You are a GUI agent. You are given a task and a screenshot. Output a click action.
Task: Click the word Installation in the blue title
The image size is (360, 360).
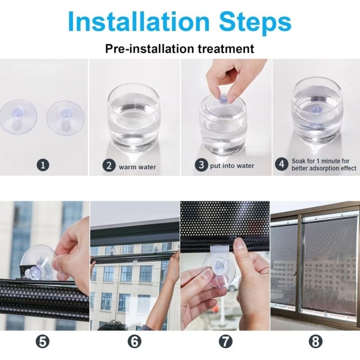tap(139, 22)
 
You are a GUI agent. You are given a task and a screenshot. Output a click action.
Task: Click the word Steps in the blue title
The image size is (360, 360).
tap(255, 23)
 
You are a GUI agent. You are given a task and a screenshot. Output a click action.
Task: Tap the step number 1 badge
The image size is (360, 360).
tap(43, 165)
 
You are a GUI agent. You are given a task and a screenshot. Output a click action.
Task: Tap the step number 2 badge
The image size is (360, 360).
tap(109, 166)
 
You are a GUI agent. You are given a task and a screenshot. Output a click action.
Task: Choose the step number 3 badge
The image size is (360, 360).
tap(201, 165)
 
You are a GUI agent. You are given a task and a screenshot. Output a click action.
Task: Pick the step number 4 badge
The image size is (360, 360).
tap(282, 164)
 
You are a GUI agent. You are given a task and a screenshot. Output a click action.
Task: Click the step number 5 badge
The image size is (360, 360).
tap(43, 342)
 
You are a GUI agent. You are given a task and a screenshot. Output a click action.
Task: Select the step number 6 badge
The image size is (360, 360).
tap(134, 342)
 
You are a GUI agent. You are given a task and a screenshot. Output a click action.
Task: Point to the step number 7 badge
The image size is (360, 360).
tap(225, 342)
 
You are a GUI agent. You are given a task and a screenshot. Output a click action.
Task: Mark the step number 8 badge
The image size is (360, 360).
tap(315, 342)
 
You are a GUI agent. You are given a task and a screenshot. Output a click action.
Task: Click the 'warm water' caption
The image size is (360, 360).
tap(137, 167)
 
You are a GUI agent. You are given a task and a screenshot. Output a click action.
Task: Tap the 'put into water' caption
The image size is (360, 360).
tap(232, 166)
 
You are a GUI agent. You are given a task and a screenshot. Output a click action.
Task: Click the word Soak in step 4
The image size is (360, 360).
tap(298, 161)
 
